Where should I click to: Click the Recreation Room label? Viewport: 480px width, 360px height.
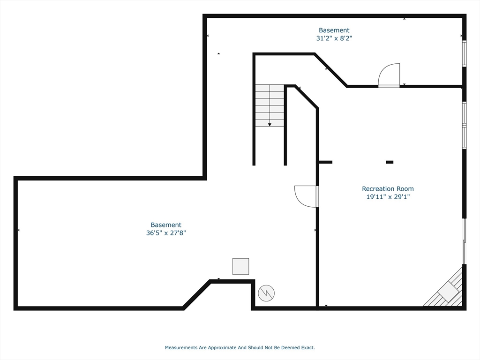click(388, 189)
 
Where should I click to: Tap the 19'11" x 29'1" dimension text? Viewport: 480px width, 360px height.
click(388, 197)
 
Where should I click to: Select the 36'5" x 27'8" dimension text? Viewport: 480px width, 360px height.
click(166, 232)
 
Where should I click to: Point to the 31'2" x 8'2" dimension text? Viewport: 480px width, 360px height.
click(334, 38)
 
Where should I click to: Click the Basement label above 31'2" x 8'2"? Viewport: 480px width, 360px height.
click(334, 30)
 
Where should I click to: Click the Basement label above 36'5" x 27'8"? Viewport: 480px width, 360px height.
click(166, 225)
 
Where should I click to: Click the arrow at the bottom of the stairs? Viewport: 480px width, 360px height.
click(270, 125)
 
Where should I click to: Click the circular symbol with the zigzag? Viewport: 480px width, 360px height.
click(266, 293)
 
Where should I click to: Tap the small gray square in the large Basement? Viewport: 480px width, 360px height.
click(240, 266)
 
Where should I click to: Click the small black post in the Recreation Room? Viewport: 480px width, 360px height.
click(390, 162)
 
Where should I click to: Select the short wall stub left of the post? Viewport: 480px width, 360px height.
click(325, 162)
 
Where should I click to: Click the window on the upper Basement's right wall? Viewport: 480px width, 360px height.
click(464, 53)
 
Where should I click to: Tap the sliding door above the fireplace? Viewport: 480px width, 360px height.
click(465, 242)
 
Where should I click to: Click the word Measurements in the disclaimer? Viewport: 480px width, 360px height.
click(181, 347)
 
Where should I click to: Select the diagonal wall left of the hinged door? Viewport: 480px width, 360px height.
click(330, 70)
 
